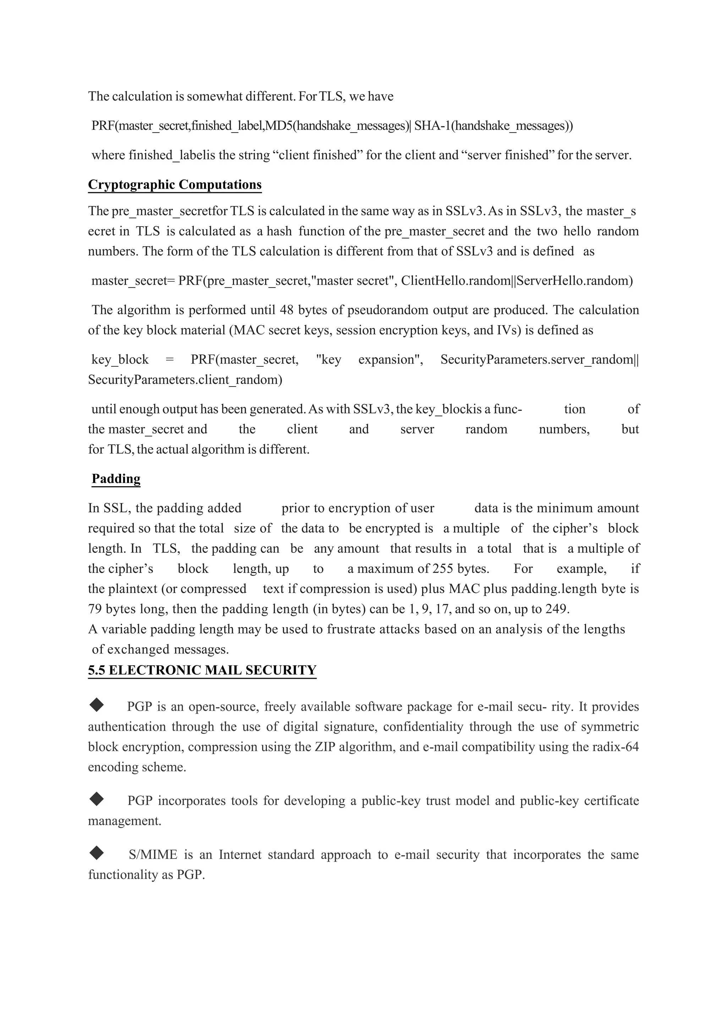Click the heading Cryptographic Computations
175,185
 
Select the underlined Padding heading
116,479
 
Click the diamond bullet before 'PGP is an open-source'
96,705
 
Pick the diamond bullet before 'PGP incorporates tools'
96,799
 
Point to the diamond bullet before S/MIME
96,854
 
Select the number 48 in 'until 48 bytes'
286,310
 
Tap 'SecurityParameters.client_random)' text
185,380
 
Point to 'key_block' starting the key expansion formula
120,360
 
